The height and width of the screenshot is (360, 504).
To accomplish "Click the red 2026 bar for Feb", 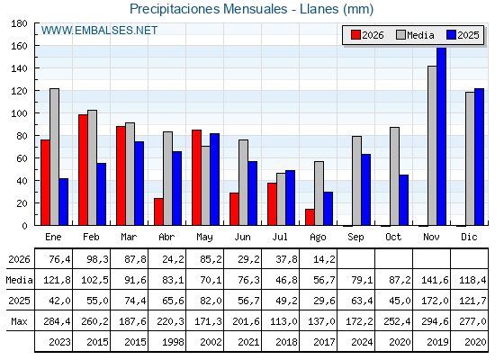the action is (83, 170).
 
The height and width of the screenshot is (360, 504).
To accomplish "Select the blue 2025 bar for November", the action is (441, 136).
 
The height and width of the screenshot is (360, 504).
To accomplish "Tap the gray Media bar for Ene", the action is (54, 157).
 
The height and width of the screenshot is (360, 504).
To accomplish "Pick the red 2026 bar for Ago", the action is (310, 217).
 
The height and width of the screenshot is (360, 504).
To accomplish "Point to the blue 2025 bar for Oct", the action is (404, 200).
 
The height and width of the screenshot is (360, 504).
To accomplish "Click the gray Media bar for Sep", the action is (356, 181).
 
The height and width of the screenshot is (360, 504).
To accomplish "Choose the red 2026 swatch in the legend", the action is (355, 35).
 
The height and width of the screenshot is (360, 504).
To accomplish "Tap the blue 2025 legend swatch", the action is (451, 35).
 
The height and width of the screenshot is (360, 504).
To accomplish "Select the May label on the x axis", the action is (205, 238).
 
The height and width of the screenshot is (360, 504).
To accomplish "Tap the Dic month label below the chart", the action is (469, 237).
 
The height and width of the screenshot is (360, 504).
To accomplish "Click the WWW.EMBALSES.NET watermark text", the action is (99, 31).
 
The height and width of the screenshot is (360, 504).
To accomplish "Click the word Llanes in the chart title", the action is (319, 9).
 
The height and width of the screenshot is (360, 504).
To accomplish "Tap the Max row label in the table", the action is (19, 321).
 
